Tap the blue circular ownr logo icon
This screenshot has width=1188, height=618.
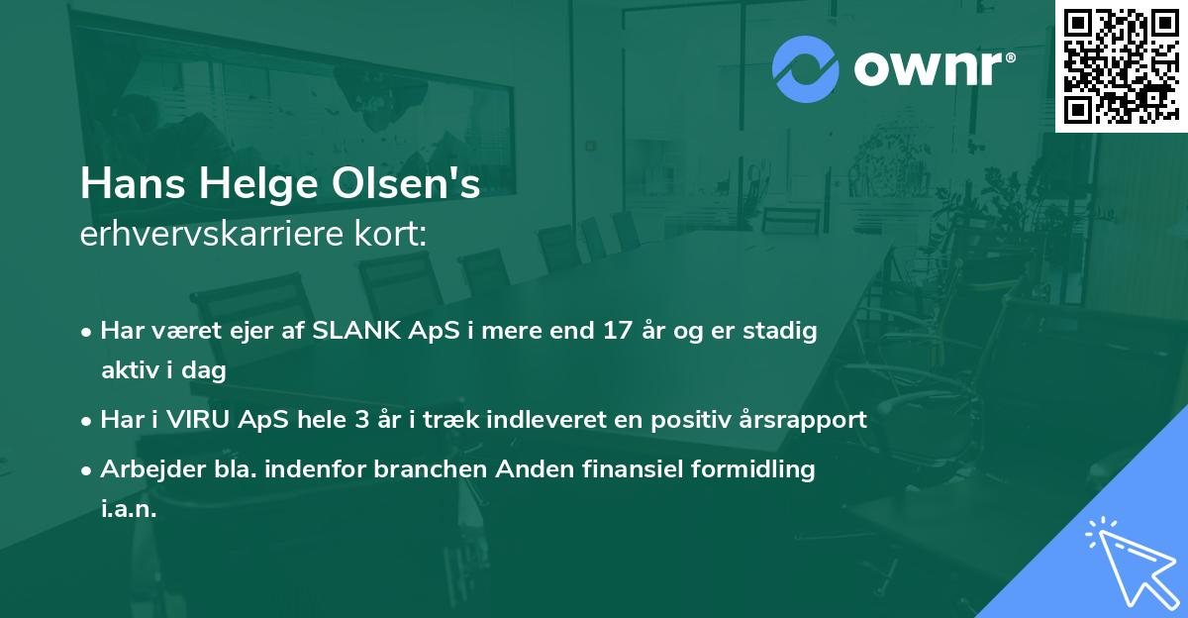click(805, 68)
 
